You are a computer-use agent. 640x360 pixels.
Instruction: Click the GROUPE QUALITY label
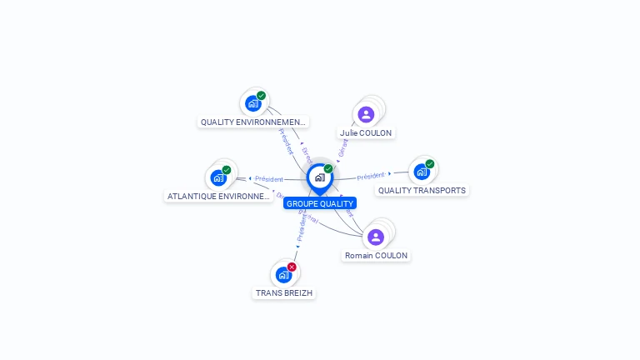pos(320,203)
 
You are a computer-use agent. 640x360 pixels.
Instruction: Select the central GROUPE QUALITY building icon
pos(319,177)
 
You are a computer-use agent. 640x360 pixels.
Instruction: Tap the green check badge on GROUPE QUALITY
pos(328,169)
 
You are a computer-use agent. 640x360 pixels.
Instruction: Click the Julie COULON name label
pos(366,133)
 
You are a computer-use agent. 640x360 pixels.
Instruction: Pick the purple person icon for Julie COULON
pos(366,114)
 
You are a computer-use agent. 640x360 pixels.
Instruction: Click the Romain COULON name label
pos(377,256)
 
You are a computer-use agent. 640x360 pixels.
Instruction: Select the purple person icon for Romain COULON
pos(376,237)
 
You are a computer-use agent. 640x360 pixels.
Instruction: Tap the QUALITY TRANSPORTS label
pos(422,190)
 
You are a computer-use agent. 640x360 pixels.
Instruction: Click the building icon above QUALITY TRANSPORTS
pos(421,172)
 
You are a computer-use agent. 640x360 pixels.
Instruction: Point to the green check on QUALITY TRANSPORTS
pos(430,164)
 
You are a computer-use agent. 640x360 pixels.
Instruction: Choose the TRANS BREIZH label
pos(285,293)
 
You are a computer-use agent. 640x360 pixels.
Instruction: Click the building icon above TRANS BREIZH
pos(283,274)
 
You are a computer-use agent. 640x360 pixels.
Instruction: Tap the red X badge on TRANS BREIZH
pos(292,267)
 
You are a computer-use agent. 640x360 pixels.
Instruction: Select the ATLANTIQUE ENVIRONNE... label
pos(219,197)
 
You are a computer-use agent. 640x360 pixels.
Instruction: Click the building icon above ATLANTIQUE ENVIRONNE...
pos(217,177)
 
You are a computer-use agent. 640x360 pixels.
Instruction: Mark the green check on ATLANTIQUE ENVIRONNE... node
pos(227,170)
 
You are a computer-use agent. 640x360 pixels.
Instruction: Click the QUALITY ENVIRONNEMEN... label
pos(253,122)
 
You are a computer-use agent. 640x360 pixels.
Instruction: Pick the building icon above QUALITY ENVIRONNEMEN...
pos(252,103)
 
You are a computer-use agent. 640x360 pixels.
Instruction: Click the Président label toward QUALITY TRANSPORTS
pos(371,176)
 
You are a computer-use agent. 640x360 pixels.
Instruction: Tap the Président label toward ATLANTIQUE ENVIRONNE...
pos(268,178)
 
